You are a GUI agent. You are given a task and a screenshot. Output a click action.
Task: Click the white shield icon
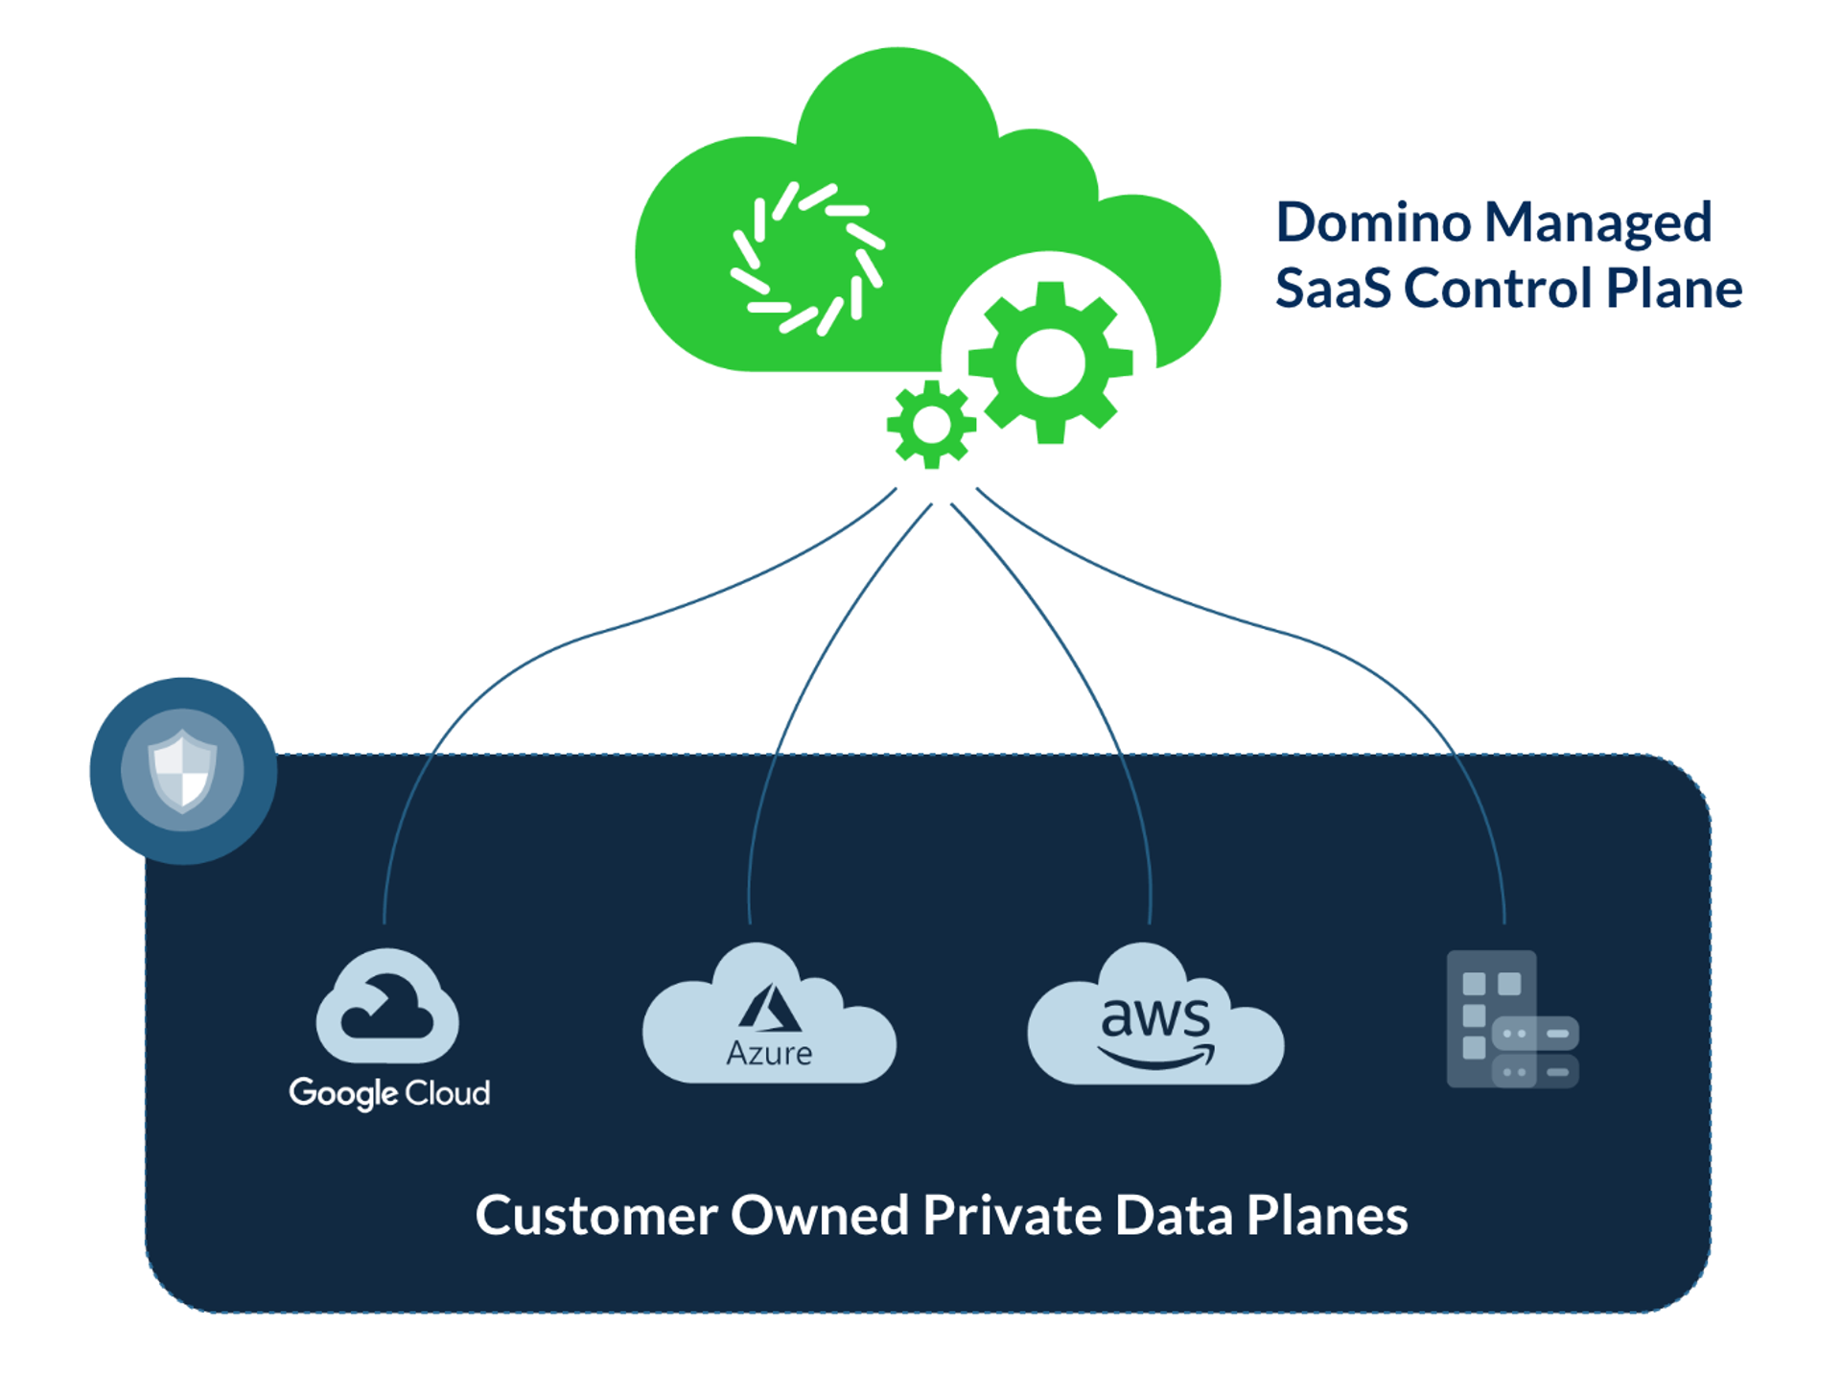(182, 770)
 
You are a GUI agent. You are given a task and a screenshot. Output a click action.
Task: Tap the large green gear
(1050, 362)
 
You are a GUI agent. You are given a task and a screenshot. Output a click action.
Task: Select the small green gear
(931, 425)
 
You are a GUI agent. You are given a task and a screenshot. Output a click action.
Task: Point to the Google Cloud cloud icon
(387, 1007)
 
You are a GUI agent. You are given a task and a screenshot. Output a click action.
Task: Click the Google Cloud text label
(389, 1093)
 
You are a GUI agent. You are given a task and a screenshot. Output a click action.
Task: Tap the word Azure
(769, 1054)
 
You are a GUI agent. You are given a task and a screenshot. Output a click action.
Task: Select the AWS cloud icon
(1155, 1016)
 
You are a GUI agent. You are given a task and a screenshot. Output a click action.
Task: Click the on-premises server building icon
(1511, 1019)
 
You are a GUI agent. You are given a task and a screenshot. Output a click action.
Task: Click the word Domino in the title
(1373, 222)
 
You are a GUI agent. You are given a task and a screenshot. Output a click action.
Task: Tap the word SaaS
(1333, 289)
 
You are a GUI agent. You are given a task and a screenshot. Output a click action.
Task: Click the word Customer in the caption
(595, 1216)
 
